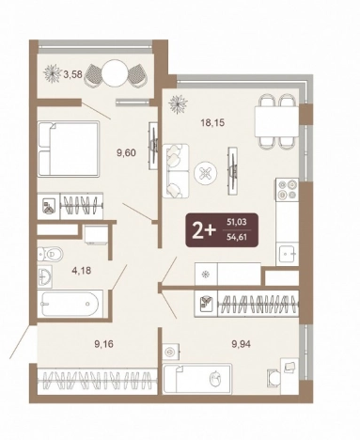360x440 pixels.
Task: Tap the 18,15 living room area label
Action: pos(212,122)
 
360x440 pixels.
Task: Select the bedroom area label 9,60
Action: pos(126,153)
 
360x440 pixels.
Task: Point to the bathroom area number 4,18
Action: pos(82,270)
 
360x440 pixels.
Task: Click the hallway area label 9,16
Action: pos(103,344)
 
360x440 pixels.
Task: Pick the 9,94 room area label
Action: pos(241,344)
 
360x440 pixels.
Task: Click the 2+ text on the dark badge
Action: pos(204,231)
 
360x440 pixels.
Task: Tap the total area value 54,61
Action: pos(237,237)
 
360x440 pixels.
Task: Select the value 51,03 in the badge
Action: pos(237,222)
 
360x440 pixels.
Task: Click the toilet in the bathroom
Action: pos(50,254)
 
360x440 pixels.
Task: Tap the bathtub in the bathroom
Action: pos(70,304)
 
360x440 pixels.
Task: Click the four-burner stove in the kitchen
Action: pos(288,190)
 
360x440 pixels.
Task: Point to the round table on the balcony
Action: pos(116,72)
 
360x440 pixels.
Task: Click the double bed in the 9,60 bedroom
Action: pos(69,149)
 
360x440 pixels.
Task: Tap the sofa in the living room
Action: pos(176,171)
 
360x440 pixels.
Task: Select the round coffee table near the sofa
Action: pos(206,174)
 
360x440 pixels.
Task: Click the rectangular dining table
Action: pos(276,121)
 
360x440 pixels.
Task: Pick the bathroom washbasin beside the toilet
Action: pos(45,277)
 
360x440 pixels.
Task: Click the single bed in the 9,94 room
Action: pos(197,378)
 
